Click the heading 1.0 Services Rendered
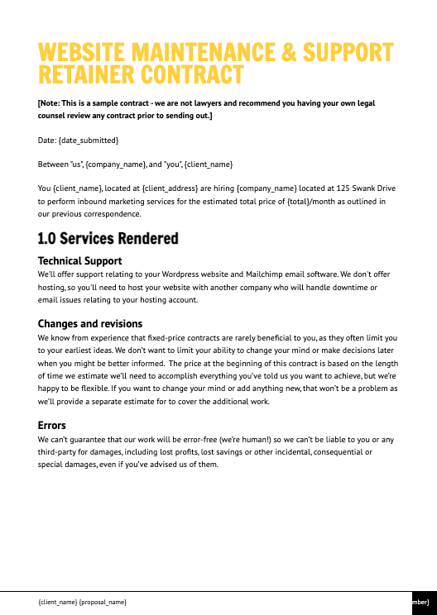[108, 239]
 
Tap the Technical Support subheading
[79, 261]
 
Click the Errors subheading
[51, 426]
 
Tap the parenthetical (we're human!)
[247, 438]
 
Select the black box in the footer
[423, 603]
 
